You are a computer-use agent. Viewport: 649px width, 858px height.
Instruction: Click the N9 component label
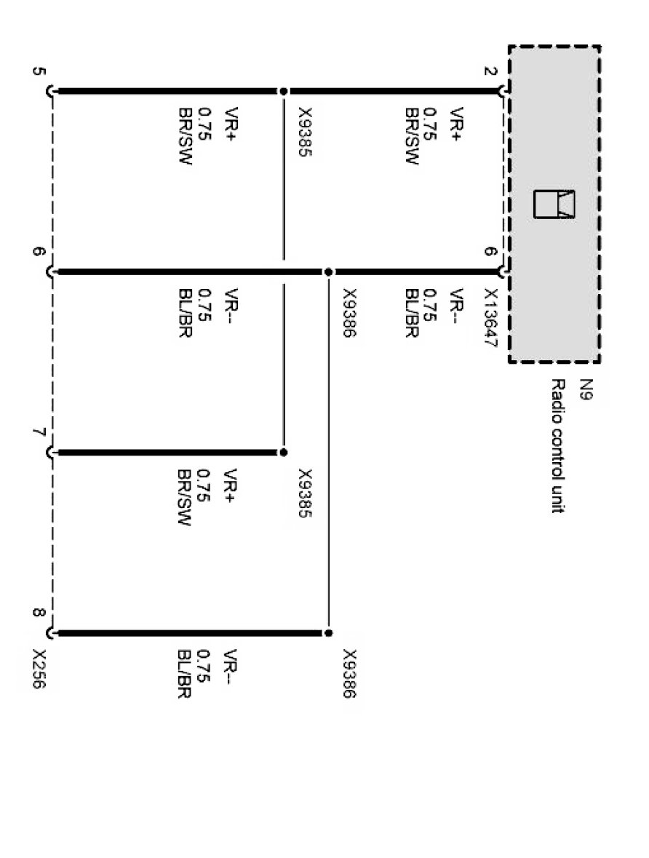click(586, 390)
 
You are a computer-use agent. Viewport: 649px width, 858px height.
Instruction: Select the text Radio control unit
click(557, 445)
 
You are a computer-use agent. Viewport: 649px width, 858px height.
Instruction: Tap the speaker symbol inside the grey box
click(554, 204)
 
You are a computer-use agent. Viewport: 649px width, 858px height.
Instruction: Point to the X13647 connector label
click(490, 318)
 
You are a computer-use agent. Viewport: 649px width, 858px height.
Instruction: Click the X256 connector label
click(39, 669)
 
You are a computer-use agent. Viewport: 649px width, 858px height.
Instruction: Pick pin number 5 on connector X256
click(39, 72)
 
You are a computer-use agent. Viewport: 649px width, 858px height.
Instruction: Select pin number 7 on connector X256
click(39, 432)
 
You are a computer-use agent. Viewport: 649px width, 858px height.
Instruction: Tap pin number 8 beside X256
click(39, 613)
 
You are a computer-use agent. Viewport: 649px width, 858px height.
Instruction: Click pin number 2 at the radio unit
click(490, 72)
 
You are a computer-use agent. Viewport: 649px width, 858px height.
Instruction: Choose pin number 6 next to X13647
click(490, 252)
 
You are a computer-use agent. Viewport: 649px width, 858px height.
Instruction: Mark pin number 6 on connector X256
click(39, 253)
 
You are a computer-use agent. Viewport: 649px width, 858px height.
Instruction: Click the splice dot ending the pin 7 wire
click(284, 453)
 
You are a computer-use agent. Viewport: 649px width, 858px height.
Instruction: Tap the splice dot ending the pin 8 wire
click(328, 633)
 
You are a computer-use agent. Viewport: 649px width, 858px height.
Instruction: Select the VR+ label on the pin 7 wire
click(231, 485)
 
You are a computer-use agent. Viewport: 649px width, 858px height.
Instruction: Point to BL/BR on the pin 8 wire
click(184, 674)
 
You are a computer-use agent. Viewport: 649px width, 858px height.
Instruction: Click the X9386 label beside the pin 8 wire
click(350, 674)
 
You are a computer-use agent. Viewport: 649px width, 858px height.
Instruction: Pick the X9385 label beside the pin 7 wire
click(305, 493)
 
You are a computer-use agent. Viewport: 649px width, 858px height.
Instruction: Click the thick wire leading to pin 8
click(191, 634)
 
